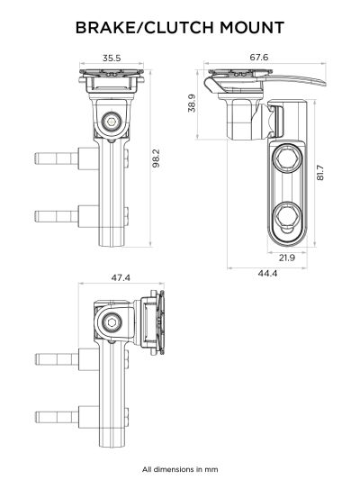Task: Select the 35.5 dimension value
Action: tap(112, 58)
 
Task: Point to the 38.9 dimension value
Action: tap(192, 104)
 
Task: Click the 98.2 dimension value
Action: tap(156, 159)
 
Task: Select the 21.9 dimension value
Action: tap(287, 258)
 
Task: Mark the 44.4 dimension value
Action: tap(267, 273)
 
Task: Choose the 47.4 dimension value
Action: tap(121, 278)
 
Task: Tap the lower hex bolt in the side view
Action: tap(289, 217)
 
